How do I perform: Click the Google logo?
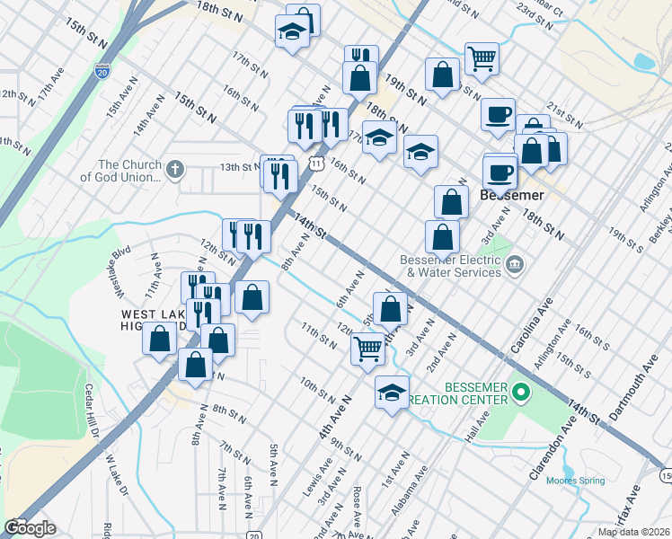click(30, 527)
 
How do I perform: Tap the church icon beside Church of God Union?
click(175, 167)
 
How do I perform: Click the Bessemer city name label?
click(514, 194)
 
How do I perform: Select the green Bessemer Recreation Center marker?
click(523, 392)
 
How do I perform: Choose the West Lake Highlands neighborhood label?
click(153, 320)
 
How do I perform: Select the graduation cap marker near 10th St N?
click(392, 393)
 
